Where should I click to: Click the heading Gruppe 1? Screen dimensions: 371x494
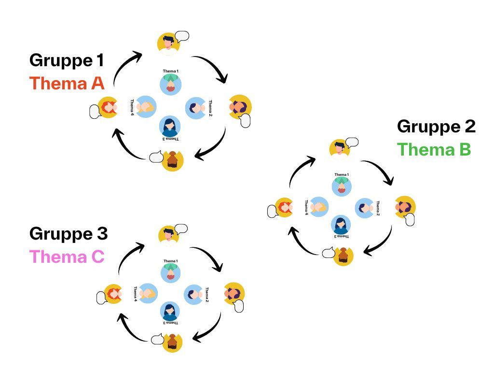pos(67,60)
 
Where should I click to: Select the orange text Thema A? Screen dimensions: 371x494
pos(67,83)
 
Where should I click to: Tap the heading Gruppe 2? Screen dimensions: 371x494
pos(436,127)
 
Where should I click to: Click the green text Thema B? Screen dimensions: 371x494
pos(434,149)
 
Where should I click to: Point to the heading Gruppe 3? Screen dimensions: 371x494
pos(69,234)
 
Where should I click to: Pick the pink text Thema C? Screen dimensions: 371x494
pos(67,257)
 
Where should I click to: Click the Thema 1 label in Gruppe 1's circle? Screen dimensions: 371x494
pos(170,71)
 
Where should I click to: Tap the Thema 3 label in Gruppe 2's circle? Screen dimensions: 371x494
pos(341,236)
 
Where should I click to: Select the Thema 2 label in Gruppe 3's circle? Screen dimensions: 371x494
pos(207,294)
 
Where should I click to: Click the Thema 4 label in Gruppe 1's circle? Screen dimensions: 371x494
pos(132,107)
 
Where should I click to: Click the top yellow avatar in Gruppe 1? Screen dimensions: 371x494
pos(168,43)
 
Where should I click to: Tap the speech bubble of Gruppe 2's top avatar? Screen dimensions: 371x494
pos(352,142)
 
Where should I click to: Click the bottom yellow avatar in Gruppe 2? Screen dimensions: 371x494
pos(343,256)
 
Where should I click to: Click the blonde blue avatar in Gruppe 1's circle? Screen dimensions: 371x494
pos(146,107)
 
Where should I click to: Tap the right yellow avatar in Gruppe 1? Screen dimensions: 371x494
pos(240,106)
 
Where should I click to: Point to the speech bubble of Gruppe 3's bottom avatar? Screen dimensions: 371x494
pos(157,339)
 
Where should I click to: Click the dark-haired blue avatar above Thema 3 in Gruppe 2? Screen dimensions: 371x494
pos(341,225)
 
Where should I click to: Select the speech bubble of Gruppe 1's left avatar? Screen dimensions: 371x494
pos(96,112)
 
